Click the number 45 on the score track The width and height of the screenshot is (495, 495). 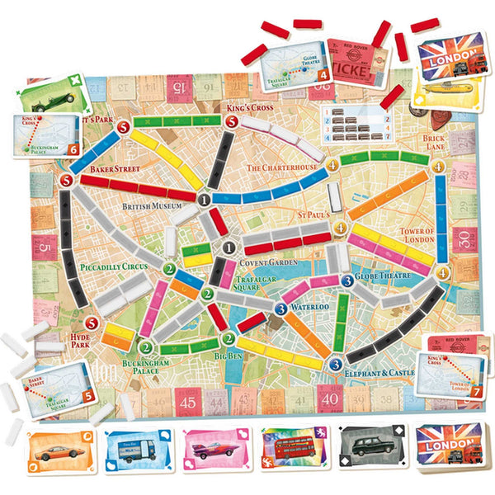tap(187, 403)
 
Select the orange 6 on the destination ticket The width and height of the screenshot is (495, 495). tap(73, 149)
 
